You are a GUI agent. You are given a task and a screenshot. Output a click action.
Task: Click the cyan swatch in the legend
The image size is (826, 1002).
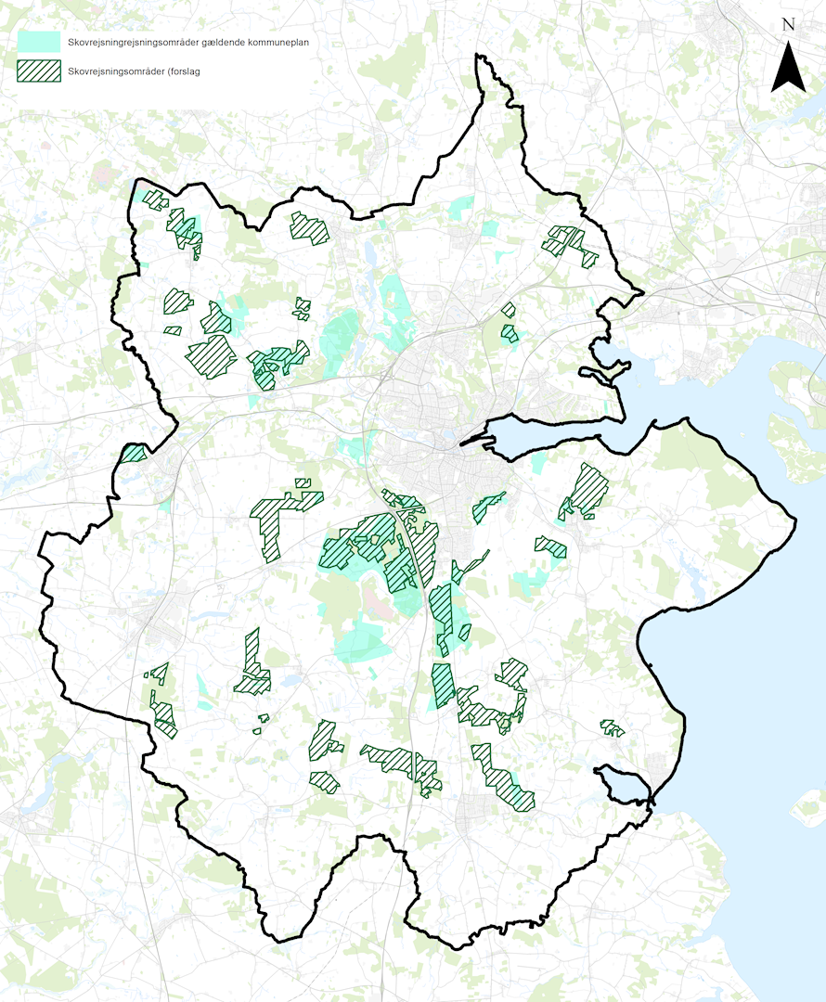click(39, 42)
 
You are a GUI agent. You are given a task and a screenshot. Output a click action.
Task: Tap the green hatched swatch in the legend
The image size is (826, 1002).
click(39, 71)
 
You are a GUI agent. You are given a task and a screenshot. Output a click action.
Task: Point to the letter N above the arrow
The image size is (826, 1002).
click(788, 25)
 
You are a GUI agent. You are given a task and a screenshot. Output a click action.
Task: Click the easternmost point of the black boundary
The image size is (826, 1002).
click(796, 520)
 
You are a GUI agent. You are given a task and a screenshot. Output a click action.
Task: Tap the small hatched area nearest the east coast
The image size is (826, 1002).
click(611, 728)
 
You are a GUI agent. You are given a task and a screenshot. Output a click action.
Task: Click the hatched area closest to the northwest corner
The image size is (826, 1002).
click(153, 199)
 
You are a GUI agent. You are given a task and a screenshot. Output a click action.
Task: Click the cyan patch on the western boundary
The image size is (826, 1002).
click(134, 454)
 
